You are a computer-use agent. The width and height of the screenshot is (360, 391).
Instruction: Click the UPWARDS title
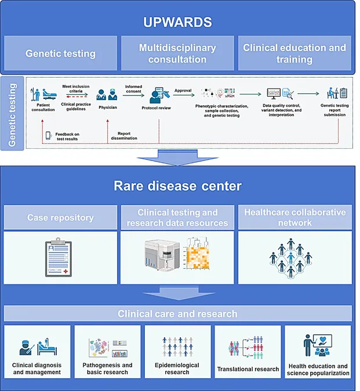177,22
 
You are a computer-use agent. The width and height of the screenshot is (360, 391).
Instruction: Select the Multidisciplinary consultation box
177,53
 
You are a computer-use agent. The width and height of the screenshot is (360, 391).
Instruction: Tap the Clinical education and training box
294,53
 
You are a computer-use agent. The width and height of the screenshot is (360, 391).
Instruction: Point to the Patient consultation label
43,108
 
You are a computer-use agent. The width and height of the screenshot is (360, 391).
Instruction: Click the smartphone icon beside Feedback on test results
48,136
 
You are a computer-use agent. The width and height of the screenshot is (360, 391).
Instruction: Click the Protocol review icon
159,95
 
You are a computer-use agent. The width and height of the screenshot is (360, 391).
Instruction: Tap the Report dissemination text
124,136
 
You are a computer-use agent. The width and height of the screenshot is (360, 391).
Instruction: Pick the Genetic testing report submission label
334,110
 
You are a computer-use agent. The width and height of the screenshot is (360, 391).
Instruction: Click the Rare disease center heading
177,186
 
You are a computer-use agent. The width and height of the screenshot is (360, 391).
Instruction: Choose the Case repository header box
60,217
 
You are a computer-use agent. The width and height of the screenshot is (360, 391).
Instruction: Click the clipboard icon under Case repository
59,257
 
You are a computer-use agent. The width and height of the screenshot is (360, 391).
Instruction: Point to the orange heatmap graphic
197,254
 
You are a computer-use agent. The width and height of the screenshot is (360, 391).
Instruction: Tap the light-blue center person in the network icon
290,258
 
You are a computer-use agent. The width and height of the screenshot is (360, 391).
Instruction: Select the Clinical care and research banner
177,314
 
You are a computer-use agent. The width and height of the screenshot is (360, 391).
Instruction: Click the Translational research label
248,369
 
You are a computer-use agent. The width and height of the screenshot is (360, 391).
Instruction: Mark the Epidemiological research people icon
177,346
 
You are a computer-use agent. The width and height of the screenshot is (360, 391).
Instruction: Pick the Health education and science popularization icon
318,345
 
